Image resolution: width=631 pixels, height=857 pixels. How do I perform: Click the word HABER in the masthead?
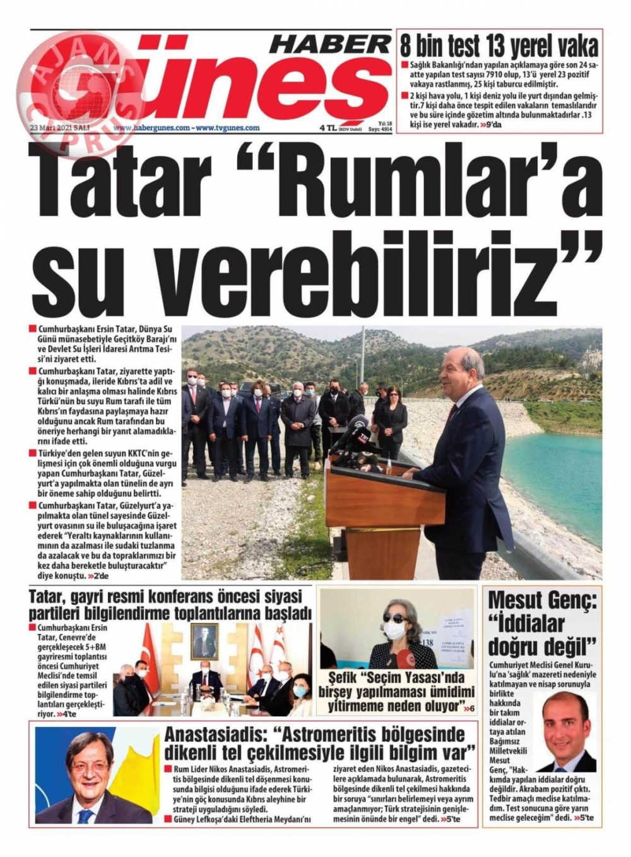click(x=329, y=44)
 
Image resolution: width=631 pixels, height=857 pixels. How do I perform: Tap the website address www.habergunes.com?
click(x=151, y=128)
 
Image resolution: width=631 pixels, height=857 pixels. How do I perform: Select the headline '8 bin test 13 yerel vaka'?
click(x=499, y=46)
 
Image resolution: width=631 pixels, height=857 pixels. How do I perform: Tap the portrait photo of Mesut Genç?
click(x=564, y=732)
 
